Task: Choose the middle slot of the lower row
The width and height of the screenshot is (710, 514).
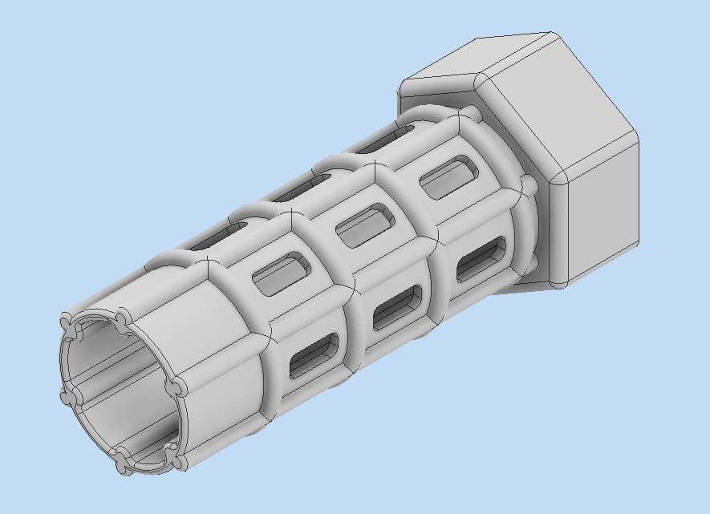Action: [x=399, y=306]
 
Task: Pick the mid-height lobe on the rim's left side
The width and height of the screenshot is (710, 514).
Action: [x=64, y=395]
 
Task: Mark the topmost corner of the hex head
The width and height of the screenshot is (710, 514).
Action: [x=552, y=35]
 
